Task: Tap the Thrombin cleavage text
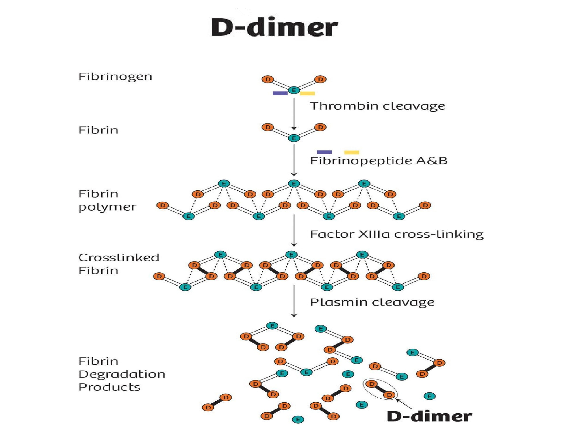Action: (378, 106)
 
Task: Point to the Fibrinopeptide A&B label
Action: (378, 161)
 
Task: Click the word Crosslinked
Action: (119, 258)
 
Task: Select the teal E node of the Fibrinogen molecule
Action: (294, 90)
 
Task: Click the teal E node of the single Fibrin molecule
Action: (294, 138)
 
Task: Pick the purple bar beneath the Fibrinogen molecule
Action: (280, 93)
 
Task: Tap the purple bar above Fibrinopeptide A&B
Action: (325, 152)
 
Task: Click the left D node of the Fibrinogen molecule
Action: (268, 79)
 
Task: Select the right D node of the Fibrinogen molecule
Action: (320, 79)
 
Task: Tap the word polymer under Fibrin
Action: (107, 207)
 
